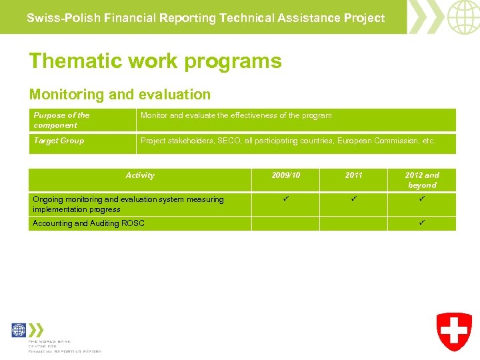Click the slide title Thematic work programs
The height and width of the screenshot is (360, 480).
155,61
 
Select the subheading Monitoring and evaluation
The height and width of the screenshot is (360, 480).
120,95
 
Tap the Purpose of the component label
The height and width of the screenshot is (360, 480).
61,120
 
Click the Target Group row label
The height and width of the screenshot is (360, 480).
59,141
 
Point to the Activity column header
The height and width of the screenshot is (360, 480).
140,175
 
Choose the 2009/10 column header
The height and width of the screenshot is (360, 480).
286,175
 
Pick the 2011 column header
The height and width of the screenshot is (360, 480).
354,175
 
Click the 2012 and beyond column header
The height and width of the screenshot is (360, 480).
422,180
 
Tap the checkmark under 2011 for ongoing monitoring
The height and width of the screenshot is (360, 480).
354,199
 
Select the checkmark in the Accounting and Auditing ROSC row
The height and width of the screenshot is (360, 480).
422,223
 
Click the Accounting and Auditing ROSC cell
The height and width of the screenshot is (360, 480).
89,223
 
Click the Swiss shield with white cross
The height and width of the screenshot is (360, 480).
454,331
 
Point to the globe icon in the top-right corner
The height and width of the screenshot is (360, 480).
463,17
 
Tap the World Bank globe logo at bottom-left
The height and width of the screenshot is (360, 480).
19,330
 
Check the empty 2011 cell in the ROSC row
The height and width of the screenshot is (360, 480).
354,223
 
